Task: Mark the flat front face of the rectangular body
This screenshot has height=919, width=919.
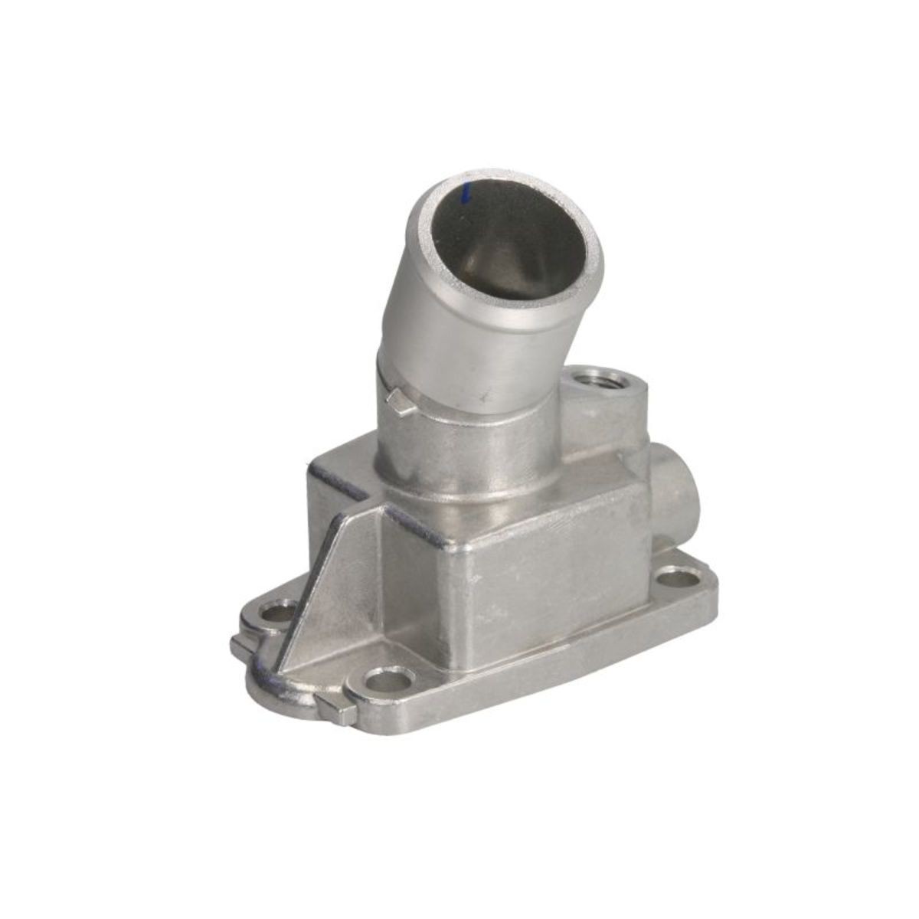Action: [x=551, y=590]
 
